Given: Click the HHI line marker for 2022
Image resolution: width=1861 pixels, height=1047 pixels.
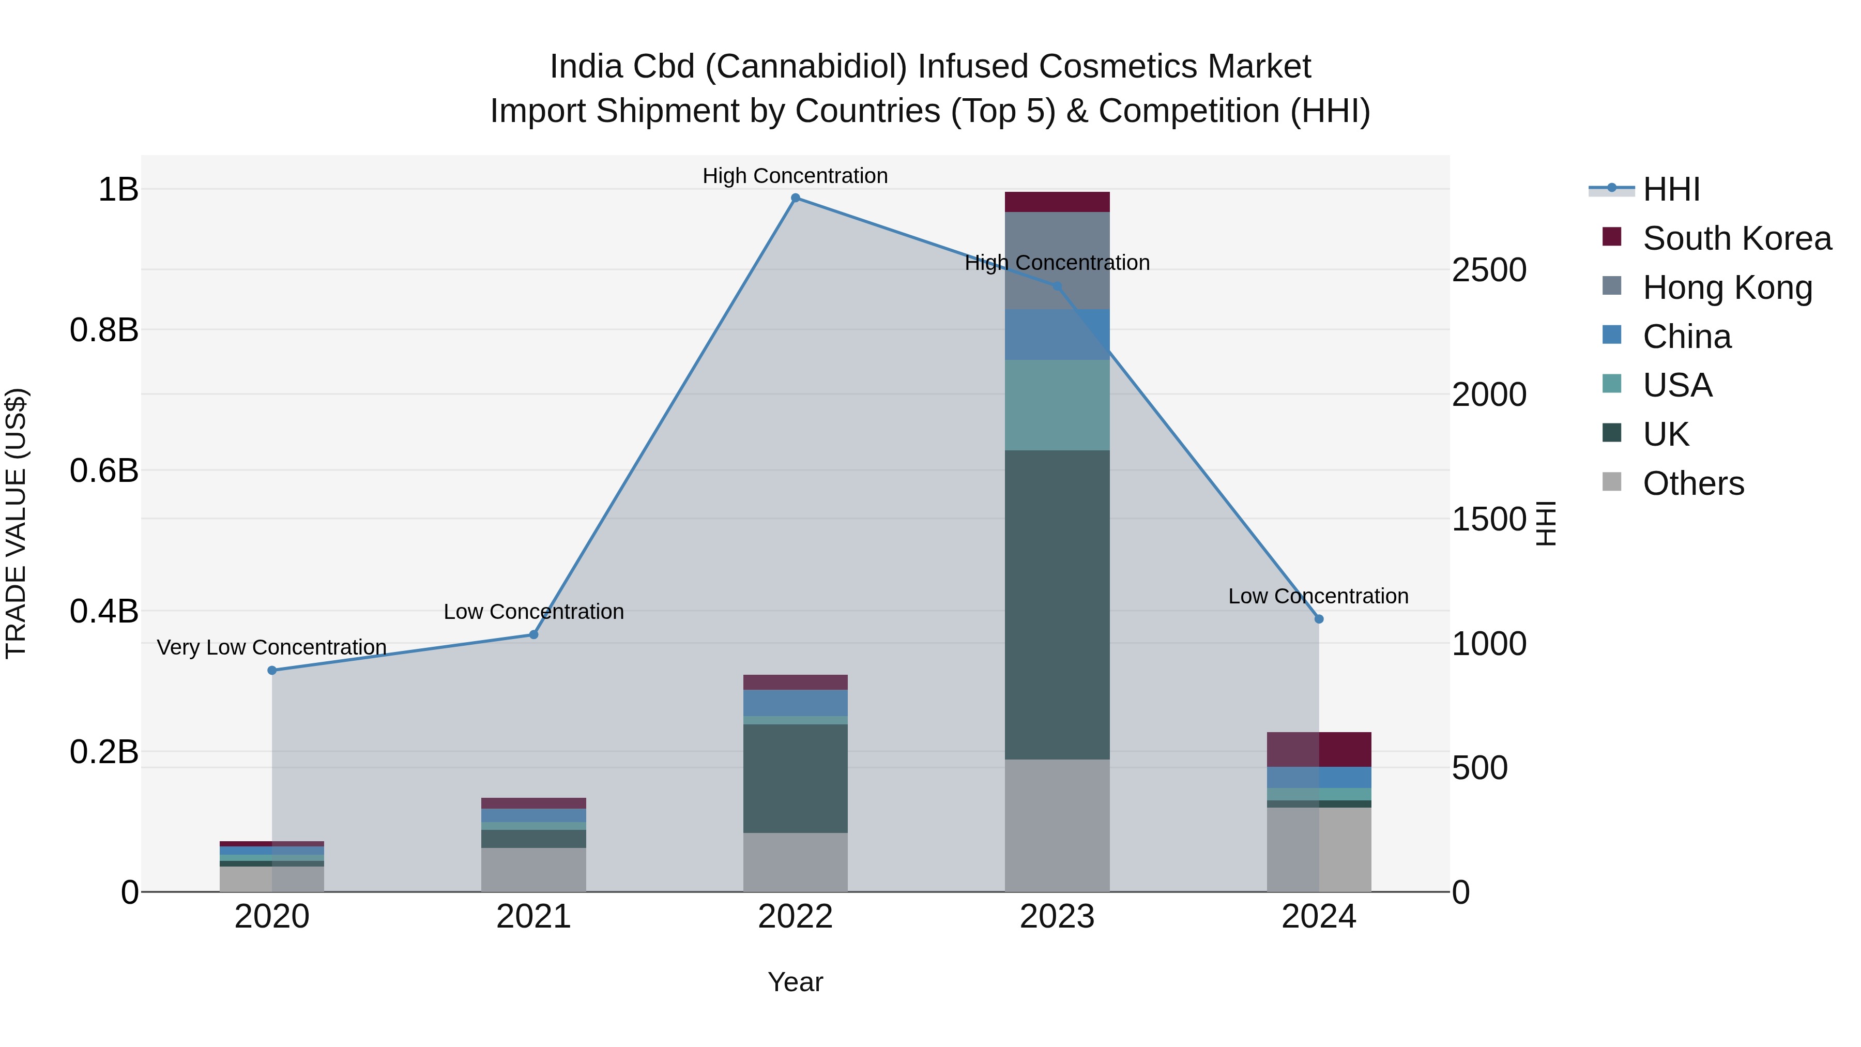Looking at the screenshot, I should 796,198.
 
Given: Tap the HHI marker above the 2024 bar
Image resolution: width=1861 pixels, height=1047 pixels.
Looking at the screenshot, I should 1318,619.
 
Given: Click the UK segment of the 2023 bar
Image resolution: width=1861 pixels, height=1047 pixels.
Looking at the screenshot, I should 1057,605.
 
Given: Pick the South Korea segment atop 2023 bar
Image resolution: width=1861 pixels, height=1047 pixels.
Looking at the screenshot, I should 1057,202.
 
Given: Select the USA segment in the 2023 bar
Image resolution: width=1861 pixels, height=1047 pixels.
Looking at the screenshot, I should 1057,405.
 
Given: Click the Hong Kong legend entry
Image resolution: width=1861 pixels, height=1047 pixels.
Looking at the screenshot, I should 1727,287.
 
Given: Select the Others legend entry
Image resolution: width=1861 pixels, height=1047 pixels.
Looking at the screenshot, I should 1692,483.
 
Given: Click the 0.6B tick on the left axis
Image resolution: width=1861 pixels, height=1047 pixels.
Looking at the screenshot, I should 104,471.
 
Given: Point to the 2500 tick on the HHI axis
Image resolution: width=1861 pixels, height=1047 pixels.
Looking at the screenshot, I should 1489,270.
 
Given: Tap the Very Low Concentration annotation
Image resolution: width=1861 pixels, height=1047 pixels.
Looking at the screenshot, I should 271,647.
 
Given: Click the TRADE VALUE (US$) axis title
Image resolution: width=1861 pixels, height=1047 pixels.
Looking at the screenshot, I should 16,523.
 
